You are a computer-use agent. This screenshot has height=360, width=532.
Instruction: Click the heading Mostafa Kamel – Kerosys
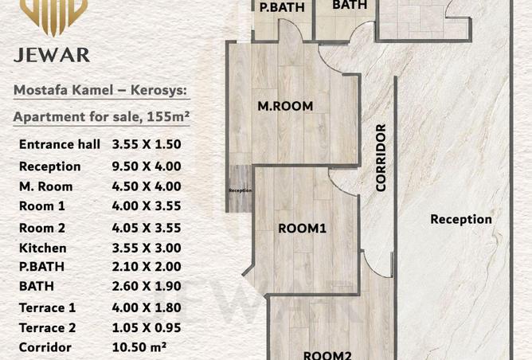pyautogui.click(x=100, y=92)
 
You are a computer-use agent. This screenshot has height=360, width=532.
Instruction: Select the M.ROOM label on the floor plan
pyautogui.click(x=284, y=106)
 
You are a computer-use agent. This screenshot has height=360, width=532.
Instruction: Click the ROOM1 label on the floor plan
pyautogui.click(x=303, y=229)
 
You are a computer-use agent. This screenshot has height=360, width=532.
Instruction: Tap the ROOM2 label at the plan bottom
pyautogui.click(x=325, y=354)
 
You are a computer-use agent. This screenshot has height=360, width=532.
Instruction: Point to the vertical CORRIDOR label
pyautogui.click(x=381, y=158)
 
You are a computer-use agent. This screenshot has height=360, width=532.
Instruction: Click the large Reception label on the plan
pyautogui.click(x=461, y=219)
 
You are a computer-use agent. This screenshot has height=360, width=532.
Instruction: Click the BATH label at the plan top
pyautogui.click(x=349, y=5)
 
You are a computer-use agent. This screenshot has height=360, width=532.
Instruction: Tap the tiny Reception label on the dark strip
pyautogui.click(x=240, y=190)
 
